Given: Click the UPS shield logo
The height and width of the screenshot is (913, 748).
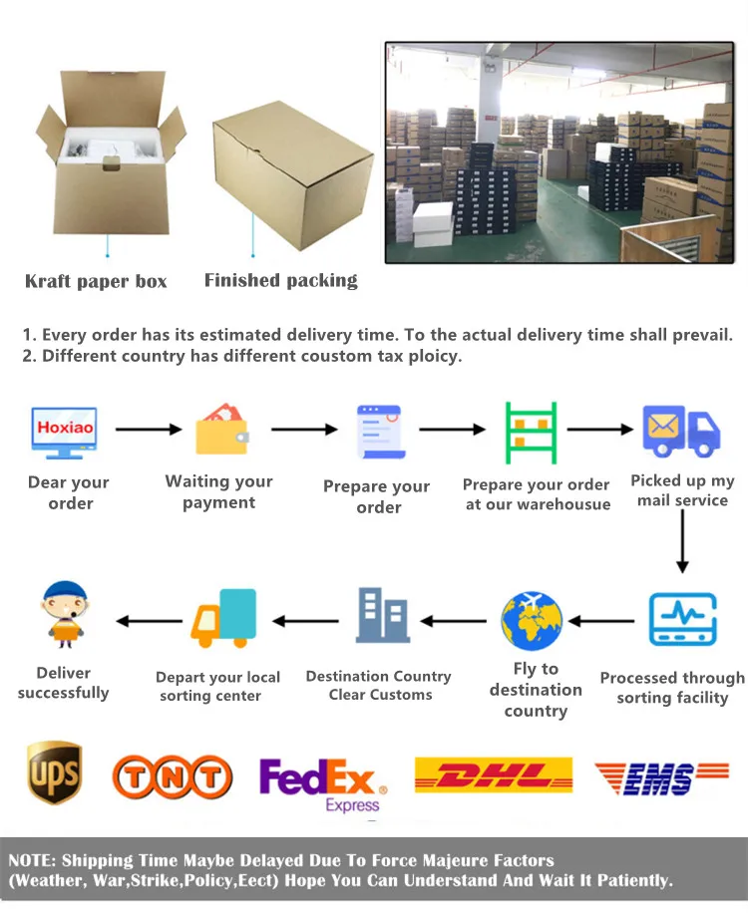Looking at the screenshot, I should [54, 771].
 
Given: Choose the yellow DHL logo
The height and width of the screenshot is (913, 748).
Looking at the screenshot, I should [493, 775].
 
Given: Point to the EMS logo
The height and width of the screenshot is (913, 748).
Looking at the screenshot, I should [661, 776].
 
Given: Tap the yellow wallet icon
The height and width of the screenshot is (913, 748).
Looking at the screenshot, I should [221, 430].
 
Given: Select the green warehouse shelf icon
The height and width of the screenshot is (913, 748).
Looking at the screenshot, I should [531, 432].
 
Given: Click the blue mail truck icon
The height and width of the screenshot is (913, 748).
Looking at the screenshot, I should [681, 431].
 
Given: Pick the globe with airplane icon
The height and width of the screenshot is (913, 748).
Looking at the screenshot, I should [533, 621].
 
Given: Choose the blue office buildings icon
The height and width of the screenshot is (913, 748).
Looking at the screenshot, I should [382, 615].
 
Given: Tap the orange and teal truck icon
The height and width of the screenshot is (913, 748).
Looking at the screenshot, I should [223, 618].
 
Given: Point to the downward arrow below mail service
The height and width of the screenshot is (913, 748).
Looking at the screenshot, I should [682, 543].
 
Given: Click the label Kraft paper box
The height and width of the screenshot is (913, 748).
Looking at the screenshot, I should [96, 281].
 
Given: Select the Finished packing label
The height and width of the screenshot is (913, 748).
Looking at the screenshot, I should [280, 280].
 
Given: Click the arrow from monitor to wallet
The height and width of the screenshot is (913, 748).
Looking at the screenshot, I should [149, 430].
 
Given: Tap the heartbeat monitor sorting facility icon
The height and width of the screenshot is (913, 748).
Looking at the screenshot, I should [682, 619].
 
